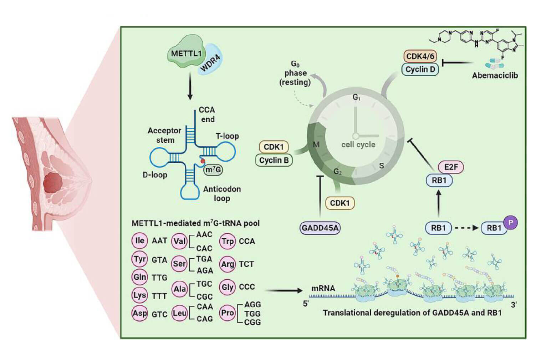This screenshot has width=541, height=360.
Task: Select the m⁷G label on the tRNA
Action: (213, 170)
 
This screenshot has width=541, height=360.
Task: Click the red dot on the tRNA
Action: (203, 161)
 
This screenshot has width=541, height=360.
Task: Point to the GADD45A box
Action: (320, 228)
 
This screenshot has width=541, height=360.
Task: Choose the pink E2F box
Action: (451, 167)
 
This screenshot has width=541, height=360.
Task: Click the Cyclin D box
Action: (420, 69)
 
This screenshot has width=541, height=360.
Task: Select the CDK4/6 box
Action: (420, 56)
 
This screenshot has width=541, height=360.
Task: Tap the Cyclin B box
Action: (274, 160)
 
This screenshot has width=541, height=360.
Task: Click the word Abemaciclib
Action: (495, 76)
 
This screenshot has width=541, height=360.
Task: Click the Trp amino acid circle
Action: (228, 242)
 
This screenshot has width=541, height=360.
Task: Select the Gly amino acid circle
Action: (228, 287)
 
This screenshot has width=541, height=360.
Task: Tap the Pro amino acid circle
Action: (228, 313)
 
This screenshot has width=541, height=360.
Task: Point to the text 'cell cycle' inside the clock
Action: (358, 144)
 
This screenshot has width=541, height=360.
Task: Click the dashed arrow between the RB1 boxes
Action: (466, 228)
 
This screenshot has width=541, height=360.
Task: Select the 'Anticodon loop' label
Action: (222, 193)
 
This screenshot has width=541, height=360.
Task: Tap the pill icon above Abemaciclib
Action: (494, 64)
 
